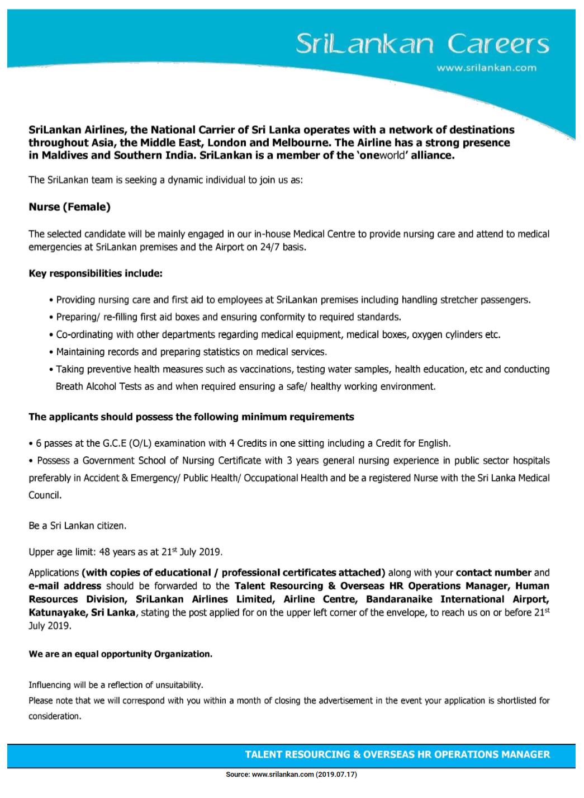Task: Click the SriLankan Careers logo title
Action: pyautogui.click(x=422, y=44)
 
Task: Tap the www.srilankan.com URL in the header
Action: pyautogui.click(x=486, y=68)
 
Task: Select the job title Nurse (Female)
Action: pyautogui.click(x=70, y=207)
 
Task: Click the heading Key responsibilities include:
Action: pyautogui.click(x=96, y=273)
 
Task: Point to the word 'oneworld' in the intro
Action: pyautogui.click(x=382, y=155)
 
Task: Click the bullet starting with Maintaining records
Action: pyautogui.click(x=191, y=352)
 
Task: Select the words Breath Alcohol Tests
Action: pyautogui.click(x=98, y=386)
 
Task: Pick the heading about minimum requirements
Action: pyautogui.click(x=191, y=417)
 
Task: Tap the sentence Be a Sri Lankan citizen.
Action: pyautogui.click(x=78, y=526)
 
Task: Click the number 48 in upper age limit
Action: pyautogui.click(x=105, y=552)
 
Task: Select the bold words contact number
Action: pyautogui.click(x=493, y=573)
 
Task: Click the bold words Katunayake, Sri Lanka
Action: pyautogui.click(x=82, y=612)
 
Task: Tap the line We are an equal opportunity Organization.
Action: pyautogui.click(x=120, y=654)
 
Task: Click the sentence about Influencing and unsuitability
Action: pyautogui.click(x=116, y=685)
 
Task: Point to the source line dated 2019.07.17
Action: pyautogui.click(x=291, y=775)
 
